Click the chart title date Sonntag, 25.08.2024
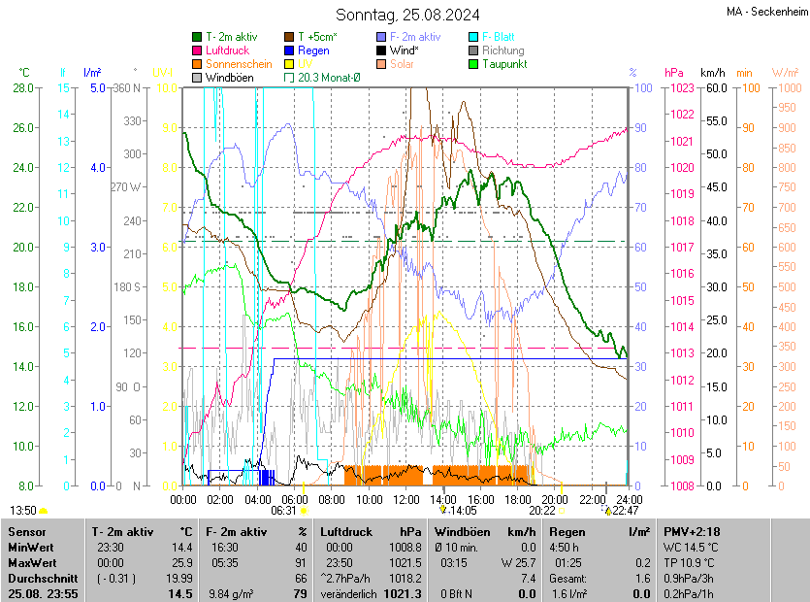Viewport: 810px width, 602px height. pos(407,15)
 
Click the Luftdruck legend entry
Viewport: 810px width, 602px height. pos(227,50)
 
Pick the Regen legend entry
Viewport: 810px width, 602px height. pos(313,50)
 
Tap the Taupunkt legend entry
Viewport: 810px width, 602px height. pos(502,64)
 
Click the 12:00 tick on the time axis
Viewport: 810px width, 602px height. pos(405,499)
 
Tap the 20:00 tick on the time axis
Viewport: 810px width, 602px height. pos(554,499)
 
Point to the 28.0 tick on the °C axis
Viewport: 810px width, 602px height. pos(21,88)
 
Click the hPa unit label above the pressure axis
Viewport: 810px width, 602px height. pos(673,73)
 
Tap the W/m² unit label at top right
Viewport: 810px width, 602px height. pos(785,73)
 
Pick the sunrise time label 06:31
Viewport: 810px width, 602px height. pos(283,510)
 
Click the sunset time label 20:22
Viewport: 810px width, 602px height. pos(542,510)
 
